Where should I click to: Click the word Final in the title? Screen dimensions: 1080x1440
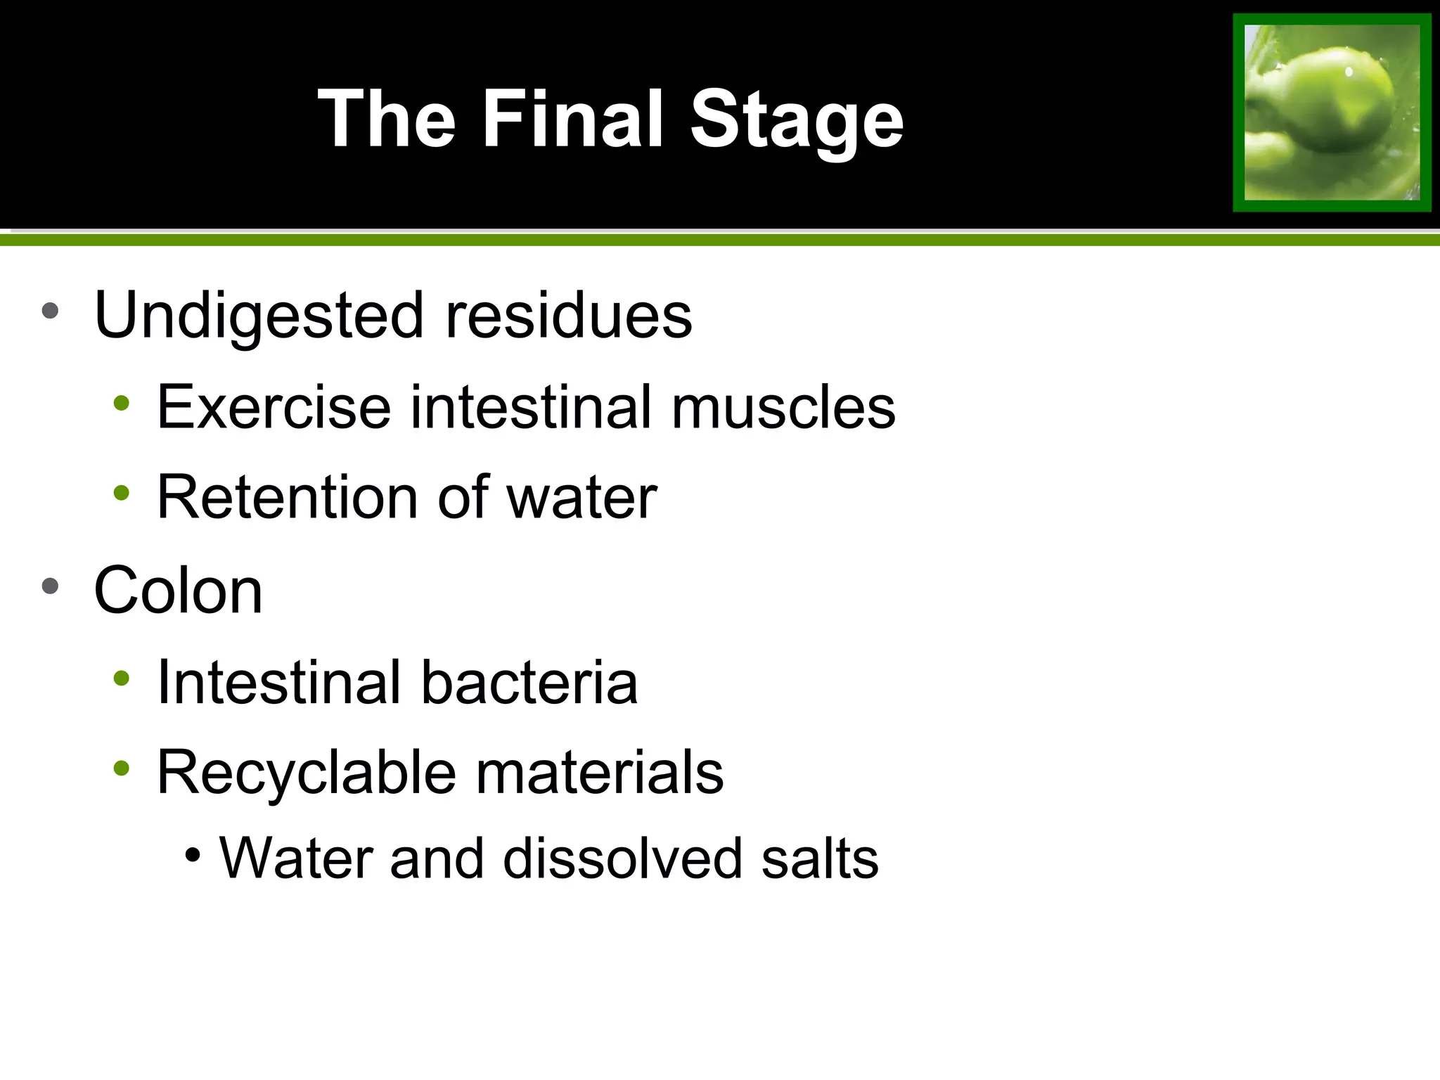point(572,120)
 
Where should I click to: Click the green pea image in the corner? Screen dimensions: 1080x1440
point(1332,112)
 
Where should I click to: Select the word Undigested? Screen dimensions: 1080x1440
point(258,316)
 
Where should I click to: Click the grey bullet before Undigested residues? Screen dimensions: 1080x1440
point(50,310)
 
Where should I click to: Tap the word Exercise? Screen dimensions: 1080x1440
point(274,407)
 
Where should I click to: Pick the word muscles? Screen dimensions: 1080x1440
point(783,407)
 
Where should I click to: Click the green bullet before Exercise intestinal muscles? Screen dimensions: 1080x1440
point(122,403)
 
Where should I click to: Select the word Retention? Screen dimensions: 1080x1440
point(288,497)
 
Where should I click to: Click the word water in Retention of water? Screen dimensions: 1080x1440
point(581,497)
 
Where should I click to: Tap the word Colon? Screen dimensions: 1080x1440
point(178,591)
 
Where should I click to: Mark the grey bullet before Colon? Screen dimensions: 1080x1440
point(50,586)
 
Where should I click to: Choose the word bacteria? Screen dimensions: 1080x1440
point(529,682)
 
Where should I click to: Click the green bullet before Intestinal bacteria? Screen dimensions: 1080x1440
point(122,678)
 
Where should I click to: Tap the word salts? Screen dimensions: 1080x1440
point(820,859)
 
